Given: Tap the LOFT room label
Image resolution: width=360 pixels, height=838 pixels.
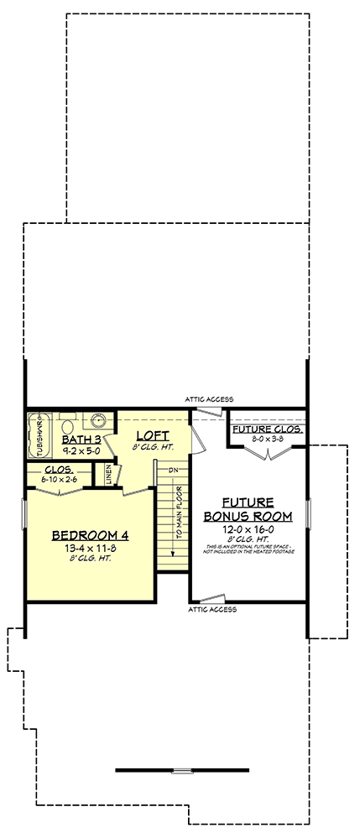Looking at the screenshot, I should (x=154, y=436).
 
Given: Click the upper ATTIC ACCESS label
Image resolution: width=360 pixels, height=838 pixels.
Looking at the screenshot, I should (x=209, y=398).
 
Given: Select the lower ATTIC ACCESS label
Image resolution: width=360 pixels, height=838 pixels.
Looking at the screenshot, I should (x=212, y=610).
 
